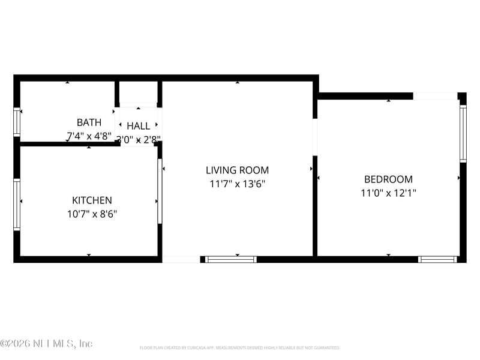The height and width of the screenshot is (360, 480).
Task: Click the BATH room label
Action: pyautogui.click(x=89, y=122)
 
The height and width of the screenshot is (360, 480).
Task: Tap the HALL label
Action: pyautogui.click(x=139, y=126)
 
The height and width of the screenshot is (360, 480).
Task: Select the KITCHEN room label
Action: pyautogui.click(x=92, y=200)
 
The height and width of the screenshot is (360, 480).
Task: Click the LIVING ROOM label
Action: pyautogui.click(x=237, y=170)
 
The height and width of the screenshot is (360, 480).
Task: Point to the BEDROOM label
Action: pyautogui.click(x=388, y=179)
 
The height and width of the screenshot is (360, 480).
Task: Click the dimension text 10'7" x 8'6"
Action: pyautogui.click(x=92, y=214)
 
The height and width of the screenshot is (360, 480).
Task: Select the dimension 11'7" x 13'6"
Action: pyautogui.click(x=237, y=184)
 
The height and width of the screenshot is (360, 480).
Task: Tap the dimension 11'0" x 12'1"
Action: pyautogui.click(x=388, y=193)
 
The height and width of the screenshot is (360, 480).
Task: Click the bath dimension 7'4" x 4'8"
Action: pyautogui.click(x=89, y=136)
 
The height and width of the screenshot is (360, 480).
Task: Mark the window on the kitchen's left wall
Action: pyautogui.click(x=17, y=204)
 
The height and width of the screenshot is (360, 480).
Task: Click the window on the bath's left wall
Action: pyautogui.click(x=17, y=122)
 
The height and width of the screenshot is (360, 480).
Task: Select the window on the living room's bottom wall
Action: pyautogui.click(x=231, y=259)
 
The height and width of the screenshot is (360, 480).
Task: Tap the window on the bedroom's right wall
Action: pyautogui.click(x=463, y=133)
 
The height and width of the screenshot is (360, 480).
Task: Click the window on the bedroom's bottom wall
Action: pyautogui.click(x=437, y=259)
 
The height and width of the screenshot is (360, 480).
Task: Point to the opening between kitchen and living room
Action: pyautogui.click(x=160, y=191)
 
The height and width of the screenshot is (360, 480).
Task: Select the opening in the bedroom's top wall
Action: pyautogui.click(x=435, y=96)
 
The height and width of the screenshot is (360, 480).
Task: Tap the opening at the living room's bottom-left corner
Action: pyautogui.click(x=181, y=259)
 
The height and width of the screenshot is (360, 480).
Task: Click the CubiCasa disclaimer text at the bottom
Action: pyautogui.click(x=240, y=347)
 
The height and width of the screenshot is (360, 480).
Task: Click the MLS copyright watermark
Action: pyautogui.click(x=46, y=344)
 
